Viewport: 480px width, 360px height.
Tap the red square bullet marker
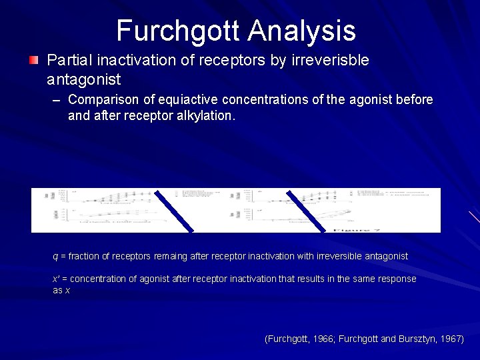click(x=34, y=61)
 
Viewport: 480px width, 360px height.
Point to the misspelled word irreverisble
click(x=329, y=60)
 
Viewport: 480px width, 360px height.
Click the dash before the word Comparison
click(x=57, y=100)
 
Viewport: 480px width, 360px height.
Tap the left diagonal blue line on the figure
click(x=174, y=210)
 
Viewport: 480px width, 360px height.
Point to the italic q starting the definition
click(x=55, y=257)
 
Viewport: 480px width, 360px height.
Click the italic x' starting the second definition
click(x=56, y=279)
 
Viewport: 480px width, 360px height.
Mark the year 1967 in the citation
click(x=451, y=339)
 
